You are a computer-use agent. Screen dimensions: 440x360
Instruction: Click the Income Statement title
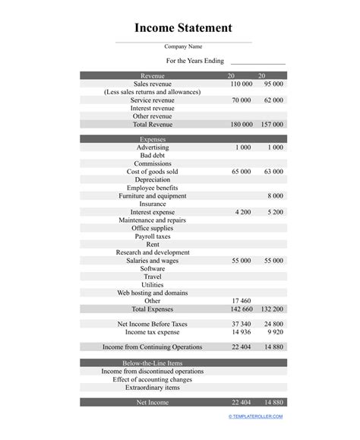pyautogui.click(x=183, y=28)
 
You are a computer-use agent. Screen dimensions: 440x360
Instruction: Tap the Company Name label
pyautogui.click(x=183, y=47)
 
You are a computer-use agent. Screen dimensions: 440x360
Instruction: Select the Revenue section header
pyautogui.click(x=152, y=75)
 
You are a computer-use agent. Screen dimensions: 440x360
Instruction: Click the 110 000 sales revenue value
pyautogui.click(x=241, y=84)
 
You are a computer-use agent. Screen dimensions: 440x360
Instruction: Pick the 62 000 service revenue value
pyautogui.click(x=273, y=100)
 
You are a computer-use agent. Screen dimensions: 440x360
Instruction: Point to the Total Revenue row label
pyautogui.click(x=152, y=124)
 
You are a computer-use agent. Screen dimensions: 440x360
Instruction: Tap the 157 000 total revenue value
pyautogui.click(x=272, y=124)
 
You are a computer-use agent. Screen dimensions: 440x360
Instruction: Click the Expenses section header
pyautogui.click(x=152, y=139)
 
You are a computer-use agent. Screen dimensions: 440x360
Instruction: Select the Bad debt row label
pyautogui.click(x=152, y=155)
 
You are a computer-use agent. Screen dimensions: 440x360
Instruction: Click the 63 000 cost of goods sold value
pyautogui.click(x=273, y=172)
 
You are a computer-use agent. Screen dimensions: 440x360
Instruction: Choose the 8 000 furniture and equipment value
pyautogui.click(x=276, y=195)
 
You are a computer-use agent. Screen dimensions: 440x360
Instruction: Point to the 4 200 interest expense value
pyautogui.click(x=243, y=212)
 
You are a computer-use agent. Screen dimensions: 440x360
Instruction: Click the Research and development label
pyautogui.click(x=152, y=252)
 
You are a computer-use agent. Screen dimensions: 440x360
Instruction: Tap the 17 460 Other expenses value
pyautogui.click(x=241, y=301)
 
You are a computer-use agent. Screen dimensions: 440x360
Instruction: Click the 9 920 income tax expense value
pyautogui.click(x=276, y=332)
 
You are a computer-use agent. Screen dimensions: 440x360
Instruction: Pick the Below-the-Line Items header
pyautogui.click(x=152, y=363)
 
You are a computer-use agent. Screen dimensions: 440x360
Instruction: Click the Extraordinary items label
pyautogui.click(x=152, y=388)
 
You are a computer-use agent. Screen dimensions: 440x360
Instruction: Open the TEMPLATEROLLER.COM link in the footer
pyautogui.click(x=255, y=416)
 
